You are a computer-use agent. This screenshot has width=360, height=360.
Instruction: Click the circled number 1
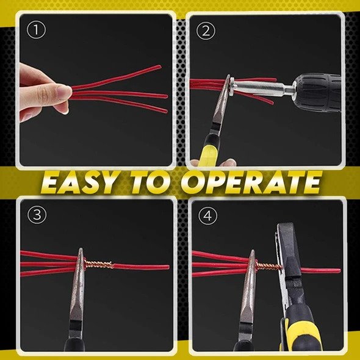pyautogui.click(x=37, y=29)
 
